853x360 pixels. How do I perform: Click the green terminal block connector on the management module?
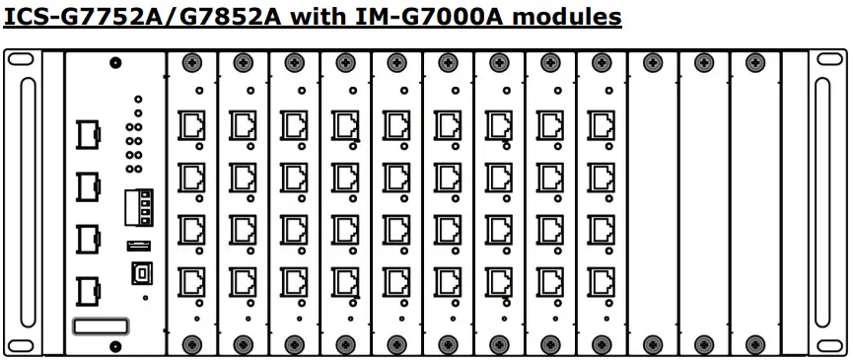coord(138,208)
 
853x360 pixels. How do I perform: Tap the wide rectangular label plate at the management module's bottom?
coord(101,325)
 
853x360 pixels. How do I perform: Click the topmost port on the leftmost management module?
coord(88,135)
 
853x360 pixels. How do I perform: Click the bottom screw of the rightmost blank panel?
coord(754,344)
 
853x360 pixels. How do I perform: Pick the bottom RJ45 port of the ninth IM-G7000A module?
coord(601,279)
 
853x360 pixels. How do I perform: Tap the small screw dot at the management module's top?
coord(116,62)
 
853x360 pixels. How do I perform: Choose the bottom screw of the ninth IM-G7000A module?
coord(601,344)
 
